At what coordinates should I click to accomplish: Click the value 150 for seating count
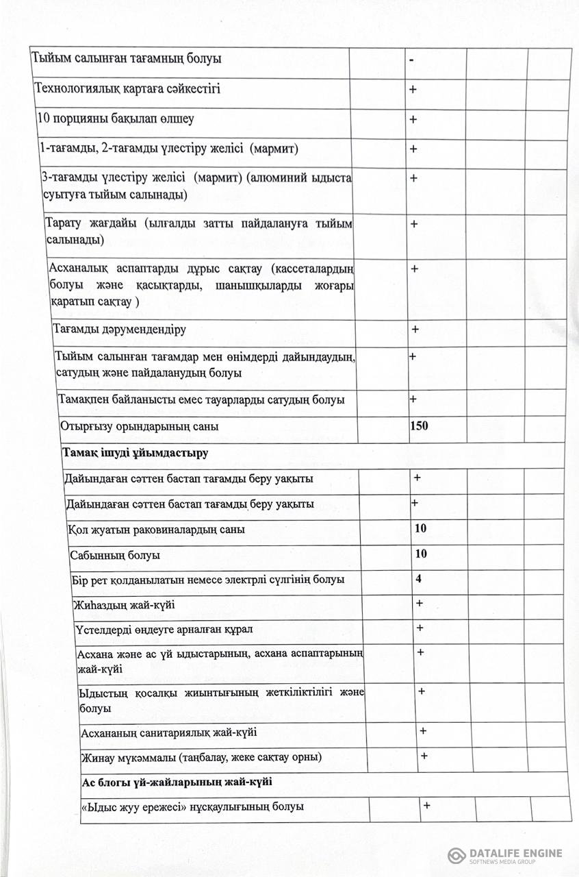(x=419, y=426)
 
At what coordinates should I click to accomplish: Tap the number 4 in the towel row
(x=418, y=579)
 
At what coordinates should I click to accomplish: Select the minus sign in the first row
(x=411, y=60)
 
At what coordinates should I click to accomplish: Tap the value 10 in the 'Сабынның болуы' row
(x=421, y=554)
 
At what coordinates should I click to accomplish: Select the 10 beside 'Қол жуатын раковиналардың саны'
(x=421, y=528)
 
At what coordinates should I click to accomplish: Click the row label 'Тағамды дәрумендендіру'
(x=120, y=330)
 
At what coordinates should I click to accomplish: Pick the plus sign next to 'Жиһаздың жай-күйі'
(x=420, y=604)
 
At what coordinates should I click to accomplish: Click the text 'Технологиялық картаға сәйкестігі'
(x=127, y=89)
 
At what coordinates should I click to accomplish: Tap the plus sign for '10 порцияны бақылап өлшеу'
(x=413, y=119)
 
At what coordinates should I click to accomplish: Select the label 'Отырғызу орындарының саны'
(x=140, y=426)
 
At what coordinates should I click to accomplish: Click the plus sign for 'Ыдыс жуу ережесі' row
(x=426, y=805)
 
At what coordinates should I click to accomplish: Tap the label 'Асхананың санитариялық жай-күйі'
(x=169, y=732)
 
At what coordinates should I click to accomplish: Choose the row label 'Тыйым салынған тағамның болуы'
(x=127, y=59)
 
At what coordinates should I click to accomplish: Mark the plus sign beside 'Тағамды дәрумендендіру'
(x=415, y=330)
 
